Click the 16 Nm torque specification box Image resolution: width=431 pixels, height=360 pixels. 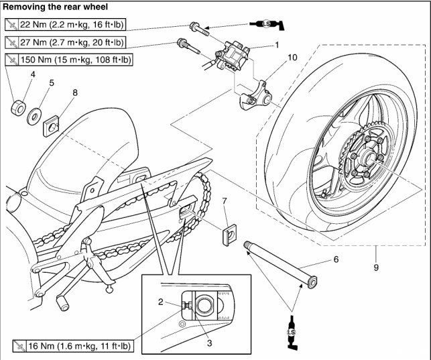72,347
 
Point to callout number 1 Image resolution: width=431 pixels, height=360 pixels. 275,46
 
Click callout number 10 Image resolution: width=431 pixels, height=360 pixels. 292,57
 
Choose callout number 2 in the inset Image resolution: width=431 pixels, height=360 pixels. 160,302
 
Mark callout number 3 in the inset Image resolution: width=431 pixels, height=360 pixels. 210,343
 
